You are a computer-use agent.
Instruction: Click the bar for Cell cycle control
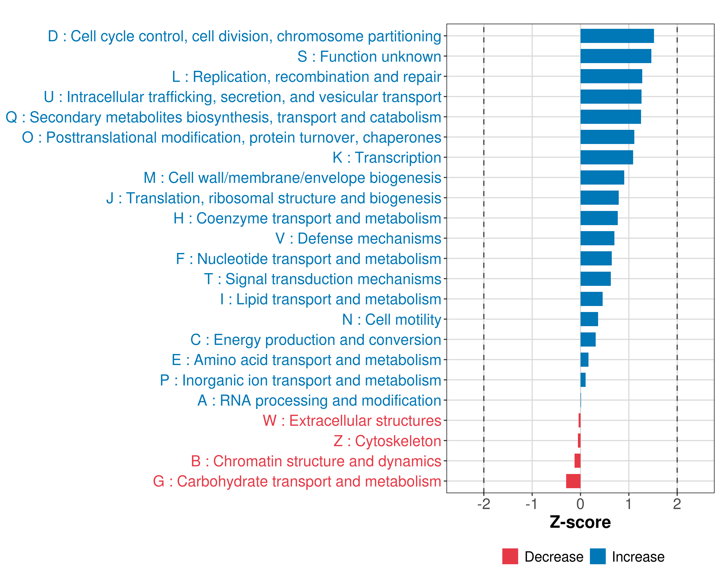617,36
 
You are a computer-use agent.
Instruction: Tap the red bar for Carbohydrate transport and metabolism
573,481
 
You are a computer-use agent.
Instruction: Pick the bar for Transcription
606,157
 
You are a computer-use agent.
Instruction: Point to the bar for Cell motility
589,319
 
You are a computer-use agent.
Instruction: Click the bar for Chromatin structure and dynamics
577,461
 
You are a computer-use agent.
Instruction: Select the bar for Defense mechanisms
597,238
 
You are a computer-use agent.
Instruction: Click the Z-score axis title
580,522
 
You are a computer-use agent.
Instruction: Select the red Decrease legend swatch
510,556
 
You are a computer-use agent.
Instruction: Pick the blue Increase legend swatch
597,556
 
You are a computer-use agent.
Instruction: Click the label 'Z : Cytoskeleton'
387,441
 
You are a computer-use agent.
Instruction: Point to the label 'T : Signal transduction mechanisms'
323,279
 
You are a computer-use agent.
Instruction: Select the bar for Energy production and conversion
588,340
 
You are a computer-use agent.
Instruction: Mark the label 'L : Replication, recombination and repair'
306,77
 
